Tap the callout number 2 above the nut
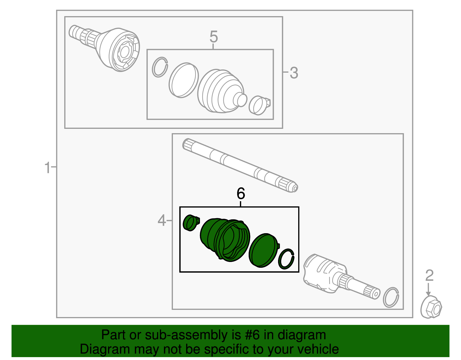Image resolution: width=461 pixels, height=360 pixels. tap(429, 276)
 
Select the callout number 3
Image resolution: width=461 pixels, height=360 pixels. tap(294, 73)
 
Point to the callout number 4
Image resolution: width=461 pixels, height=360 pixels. tap(162, 221)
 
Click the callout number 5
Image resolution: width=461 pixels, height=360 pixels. tap(214, 37)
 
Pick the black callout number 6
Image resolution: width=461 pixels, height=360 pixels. tap(241, 193)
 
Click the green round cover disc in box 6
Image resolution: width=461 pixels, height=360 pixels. tap(263, 250)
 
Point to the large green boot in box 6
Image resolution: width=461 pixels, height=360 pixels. tap(225, 240)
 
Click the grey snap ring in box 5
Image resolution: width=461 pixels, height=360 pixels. tap(160, 67)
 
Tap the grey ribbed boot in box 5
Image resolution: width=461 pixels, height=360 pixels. tap(220, 91)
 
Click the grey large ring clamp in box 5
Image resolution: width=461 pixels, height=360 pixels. tap(184, 80)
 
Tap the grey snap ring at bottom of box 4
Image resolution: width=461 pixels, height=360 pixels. tap(391, 297)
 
